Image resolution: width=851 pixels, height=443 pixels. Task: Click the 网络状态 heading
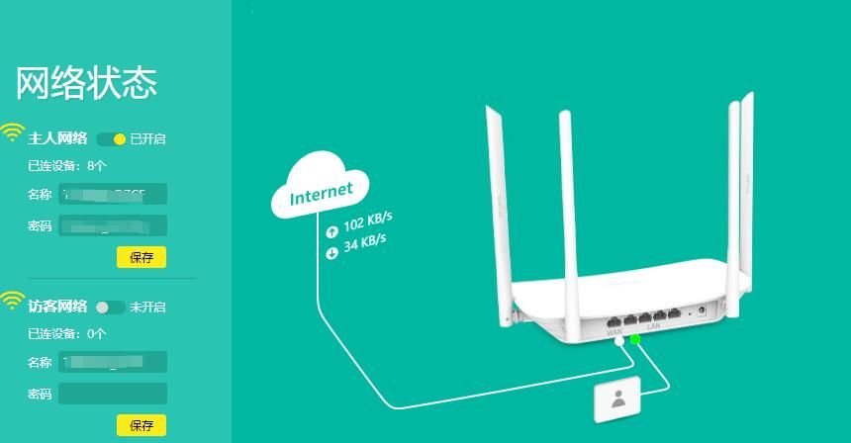point(86,84)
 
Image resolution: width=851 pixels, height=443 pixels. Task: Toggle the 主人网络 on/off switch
point(112,139)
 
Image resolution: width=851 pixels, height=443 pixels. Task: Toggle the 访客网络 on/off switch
point(110,308)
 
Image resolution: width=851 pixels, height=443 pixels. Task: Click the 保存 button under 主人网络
point(142,257)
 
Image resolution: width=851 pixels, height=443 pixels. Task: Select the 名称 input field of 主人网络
point(112,194)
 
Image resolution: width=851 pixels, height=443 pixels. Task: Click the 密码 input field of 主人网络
point(112,226)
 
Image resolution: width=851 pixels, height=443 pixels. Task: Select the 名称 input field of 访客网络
point(112,362)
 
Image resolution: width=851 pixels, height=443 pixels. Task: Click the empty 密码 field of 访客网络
point(112,395)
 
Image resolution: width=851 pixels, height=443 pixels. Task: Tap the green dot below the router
point(635,340)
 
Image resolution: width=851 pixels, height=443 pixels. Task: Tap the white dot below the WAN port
point(618,341)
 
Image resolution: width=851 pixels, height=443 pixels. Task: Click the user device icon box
point(618,400)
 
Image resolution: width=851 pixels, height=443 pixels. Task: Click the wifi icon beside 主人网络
point(12,133)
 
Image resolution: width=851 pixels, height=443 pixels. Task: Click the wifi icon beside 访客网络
point(12,301)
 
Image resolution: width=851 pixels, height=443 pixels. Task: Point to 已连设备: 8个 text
point(66,165)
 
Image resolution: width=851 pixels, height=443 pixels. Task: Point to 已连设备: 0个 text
point(66,333)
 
